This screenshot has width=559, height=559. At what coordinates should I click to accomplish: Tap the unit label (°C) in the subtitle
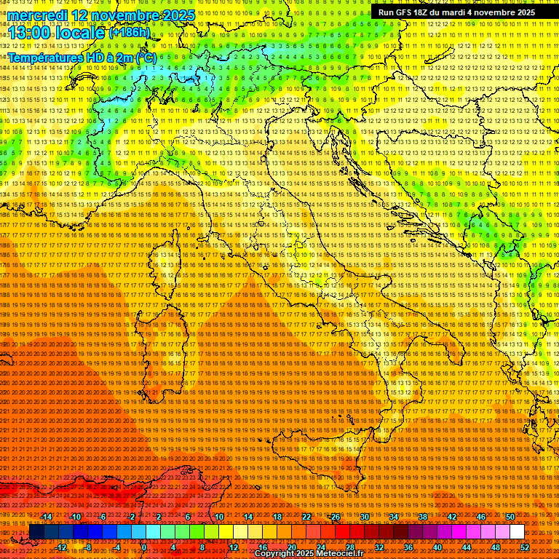click(146, 57)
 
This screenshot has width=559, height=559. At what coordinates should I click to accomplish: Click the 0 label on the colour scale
click(144, 547)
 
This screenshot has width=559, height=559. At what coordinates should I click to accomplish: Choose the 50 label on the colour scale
click(510, 517)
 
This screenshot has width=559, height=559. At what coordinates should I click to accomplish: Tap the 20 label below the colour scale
click(291, 547)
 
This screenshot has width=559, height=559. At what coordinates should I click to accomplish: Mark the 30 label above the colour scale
click(364, 517)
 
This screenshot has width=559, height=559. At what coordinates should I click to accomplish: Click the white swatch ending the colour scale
click(517, 532)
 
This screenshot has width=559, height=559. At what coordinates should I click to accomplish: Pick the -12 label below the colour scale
click(61, 547)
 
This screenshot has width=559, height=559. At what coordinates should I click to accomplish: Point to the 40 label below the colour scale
click(437, 547)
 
